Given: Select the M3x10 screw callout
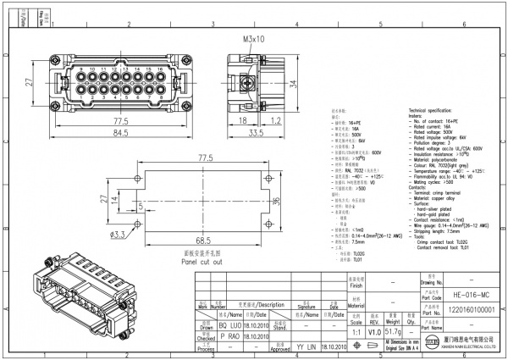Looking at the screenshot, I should [254, 39].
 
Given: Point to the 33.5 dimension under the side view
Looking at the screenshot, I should [257, 133].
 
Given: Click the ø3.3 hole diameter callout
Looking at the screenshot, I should [118, 235].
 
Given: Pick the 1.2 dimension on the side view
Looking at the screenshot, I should [276, 121].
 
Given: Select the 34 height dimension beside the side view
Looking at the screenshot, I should [295, 84].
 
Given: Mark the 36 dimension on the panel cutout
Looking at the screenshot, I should [274, 201].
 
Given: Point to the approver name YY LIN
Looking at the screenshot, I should [307, 347].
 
